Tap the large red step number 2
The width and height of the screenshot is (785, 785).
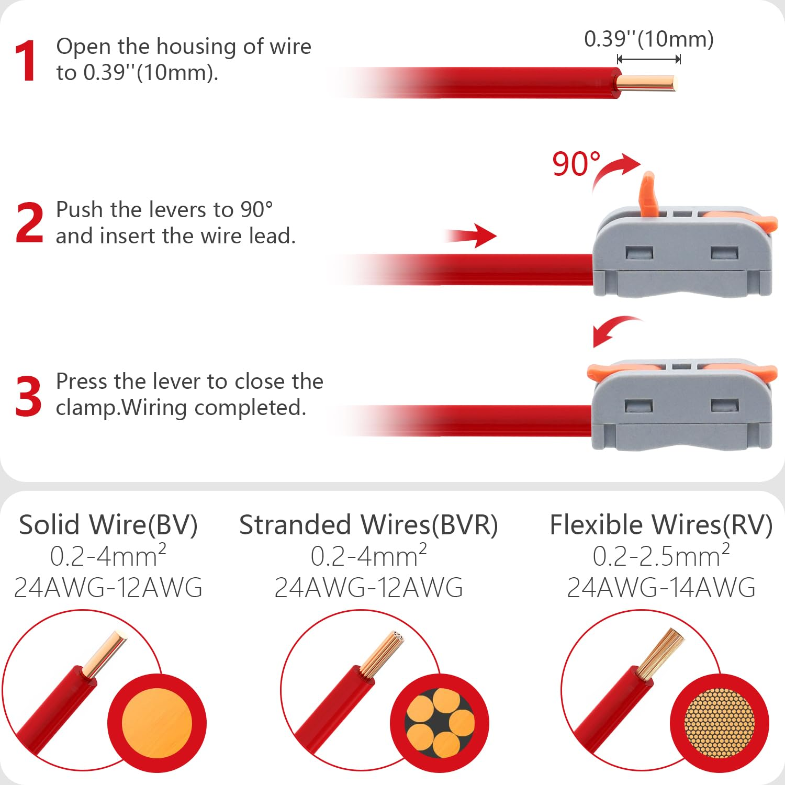[29, 223]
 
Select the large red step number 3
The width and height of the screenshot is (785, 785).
[28, 396]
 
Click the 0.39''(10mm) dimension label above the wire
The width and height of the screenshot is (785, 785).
[649, 39]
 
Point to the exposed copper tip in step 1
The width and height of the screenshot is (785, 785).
[647, 83]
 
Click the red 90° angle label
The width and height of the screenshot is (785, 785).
[576, 164]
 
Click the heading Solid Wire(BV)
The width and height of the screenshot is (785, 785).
[108, 525]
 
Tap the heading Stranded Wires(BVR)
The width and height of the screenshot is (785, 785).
[368, 525]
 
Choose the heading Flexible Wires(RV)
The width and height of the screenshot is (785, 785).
[661, 525]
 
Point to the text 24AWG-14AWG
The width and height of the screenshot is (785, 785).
[661, 587]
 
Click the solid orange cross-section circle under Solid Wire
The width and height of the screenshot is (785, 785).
[157, 724]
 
